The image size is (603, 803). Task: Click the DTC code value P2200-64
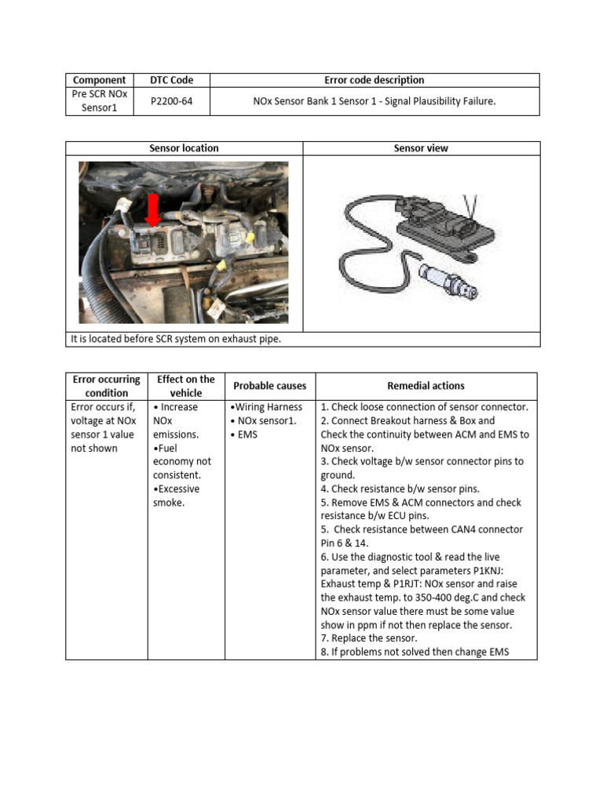tap(171, 101)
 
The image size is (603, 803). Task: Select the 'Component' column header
tap(99, 80)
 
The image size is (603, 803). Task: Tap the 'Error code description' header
tap(374, 80)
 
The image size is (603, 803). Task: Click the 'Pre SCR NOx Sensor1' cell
tap(99, 101)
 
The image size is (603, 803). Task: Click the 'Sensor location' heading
tap(184, 148)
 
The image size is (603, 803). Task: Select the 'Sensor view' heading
tap(421, 148)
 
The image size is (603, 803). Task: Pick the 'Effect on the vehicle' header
tap(186, 386)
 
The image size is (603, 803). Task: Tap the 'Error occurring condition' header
tap(106, 386)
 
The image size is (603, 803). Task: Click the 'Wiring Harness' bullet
tap(266, 407)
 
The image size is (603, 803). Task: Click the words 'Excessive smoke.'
tap(176, 496)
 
